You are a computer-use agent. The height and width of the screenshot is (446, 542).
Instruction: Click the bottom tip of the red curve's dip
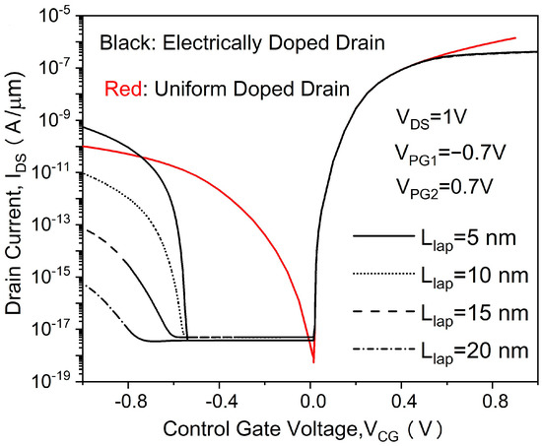pos(313,362)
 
